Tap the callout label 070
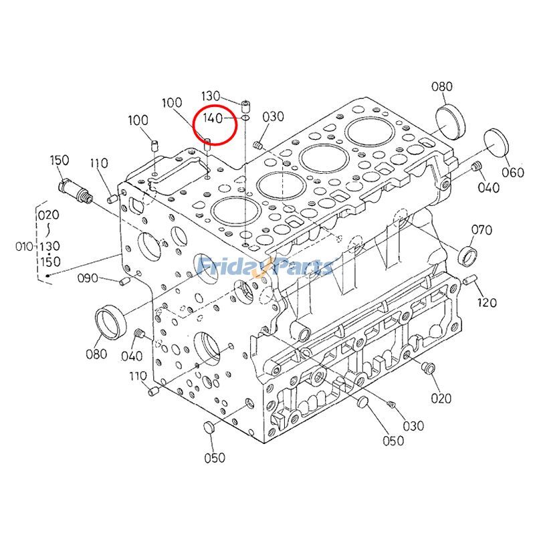tap(481, 231)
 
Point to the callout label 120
tap(487, 302)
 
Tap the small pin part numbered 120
tap(469, 279)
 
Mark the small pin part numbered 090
tap(123, 283)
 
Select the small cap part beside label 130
tap(246, 104)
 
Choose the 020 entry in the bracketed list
tap(48, 215)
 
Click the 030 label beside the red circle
tap(273, 117)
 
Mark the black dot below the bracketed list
tap(48, 274)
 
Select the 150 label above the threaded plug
tap(60, 160)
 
